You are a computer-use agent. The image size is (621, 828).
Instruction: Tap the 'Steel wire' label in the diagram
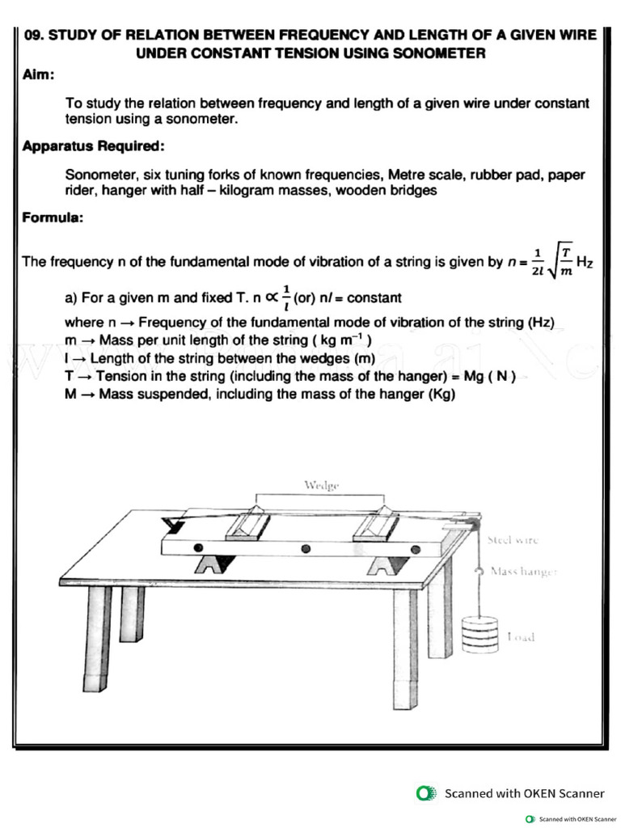[512, 539]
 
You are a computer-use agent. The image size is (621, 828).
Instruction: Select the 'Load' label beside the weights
[521, 637]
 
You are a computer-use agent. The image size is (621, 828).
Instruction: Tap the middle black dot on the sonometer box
[305, 549]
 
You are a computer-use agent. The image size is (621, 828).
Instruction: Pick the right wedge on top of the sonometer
[375, 523]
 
